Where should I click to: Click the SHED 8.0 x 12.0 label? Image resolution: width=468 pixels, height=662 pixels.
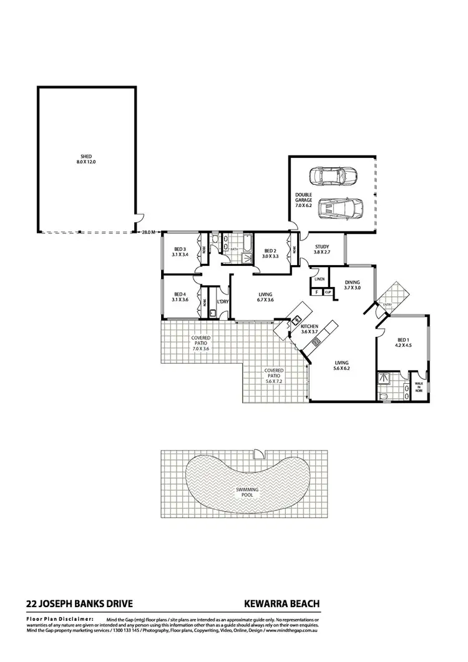click(86, 159)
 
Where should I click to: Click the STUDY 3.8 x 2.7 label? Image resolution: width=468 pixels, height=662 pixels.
click(322, 250)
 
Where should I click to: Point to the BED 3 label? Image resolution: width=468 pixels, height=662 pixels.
click(180, 252)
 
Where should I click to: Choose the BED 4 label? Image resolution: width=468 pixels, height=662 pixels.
click(180, 297)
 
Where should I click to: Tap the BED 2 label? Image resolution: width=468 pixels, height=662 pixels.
click(270, 253)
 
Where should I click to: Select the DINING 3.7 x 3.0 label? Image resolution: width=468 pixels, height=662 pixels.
click(353, 285)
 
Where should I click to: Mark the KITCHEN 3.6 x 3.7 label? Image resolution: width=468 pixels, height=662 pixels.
click(310, 329)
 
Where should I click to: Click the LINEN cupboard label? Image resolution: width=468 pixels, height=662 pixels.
click(320, 279)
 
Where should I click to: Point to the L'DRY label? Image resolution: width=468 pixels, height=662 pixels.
click(222, 303)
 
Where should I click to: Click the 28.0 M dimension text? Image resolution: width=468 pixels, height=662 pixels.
click(149, 232)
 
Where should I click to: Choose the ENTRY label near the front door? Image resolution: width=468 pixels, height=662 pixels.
click(388, 304)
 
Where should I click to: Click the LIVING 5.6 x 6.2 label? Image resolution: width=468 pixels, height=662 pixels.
click(341, 366)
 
